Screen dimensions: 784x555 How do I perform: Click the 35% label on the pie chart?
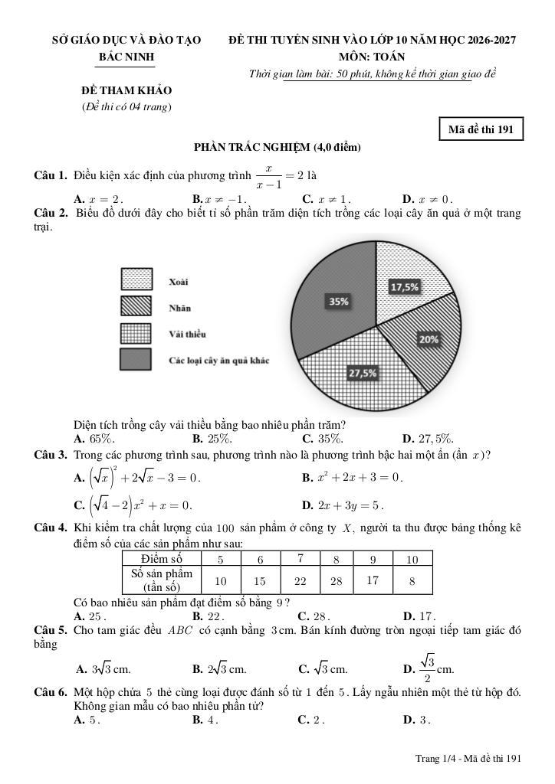point(339,302)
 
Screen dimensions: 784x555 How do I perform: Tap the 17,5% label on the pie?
point(405,287)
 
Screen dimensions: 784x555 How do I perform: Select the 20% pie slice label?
point(429,338)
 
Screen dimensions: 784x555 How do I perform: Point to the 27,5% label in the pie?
point(363,373)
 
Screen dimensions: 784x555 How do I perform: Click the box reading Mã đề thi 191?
point(481,129)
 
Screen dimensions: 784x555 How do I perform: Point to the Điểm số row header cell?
point(162,559)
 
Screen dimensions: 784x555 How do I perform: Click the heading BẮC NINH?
point(126,57)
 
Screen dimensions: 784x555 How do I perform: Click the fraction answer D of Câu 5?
point(432,668)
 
